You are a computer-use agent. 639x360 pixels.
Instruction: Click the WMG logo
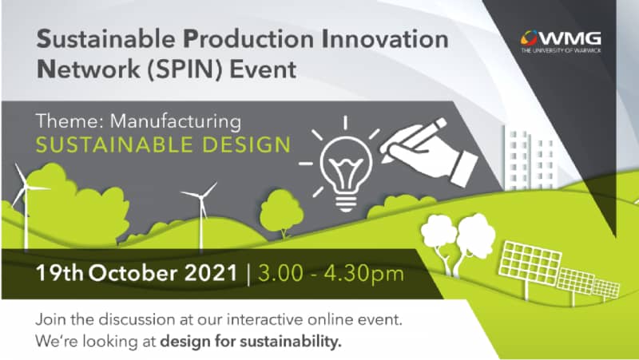coord(561,42)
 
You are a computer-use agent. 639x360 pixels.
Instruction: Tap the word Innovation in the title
coord(385,39)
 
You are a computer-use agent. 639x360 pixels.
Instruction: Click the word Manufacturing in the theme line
coord(176,121)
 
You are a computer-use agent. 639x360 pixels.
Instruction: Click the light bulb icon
coord(346,171)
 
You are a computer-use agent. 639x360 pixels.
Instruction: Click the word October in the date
coord(134,273)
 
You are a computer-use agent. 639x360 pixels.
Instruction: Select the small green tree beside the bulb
coord(282,212)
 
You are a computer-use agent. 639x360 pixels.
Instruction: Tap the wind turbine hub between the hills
coord(200,196)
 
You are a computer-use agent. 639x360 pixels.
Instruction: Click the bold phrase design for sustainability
coord(251,342)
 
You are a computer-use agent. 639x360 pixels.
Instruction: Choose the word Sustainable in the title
coord(106,39)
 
